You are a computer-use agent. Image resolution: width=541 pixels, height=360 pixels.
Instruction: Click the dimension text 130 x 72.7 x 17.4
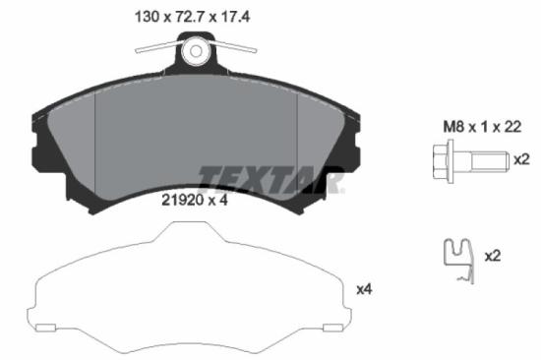coord(192,15)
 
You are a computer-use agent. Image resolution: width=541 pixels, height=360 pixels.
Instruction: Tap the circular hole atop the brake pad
coord(196,49)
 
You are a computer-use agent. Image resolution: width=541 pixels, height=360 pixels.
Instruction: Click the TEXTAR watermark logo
coord(270,178)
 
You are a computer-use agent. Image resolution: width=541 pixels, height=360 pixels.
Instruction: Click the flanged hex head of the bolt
coord(440,157)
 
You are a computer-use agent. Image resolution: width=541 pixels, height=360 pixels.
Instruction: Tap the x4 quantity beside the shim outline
coord(365,290)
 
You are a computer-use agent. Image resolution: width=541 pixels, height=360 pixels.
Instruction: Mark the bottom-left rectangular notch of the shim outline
coord(43,325)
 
